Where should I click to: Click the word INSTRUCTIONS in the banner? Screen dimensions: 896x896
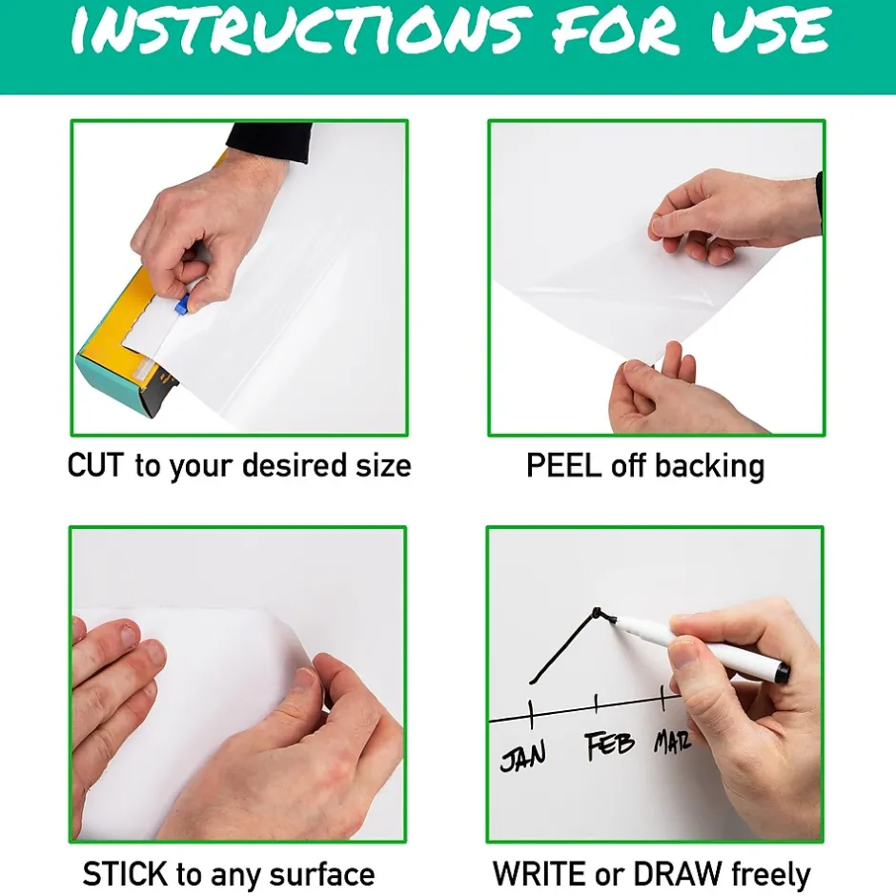[x=297, y=30]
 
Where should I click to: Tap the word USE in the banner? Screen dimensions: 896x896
[x=770, y=30]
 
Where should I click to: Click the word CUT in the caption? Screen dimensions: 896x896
[x=95, y=465]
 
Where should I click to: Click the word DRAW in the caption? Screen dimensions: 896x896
[x=678, y=874]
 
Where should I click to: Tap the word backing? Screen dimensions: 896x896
[x=709, y=467]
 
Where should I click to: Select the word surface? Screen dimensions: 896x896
[x=322, y=875]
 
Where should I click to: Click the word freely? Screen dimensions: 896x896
[x=770, y=875]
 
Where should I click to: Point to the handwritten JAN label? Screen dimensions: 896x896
[x=523, y=756]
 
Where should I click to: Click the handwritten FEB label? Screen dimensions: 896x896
[x=610, y=745]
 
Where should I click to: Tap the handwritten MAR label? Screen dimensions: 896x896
[x=673, y=742]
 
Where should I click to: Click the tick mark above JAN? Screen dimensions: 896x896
[x=532, y=714]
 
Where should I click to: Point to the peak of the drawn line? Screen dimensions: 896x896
[x=596, y=611]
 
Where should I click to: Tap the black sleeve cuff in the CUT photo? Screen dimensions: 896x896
[x=270, y=143]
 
